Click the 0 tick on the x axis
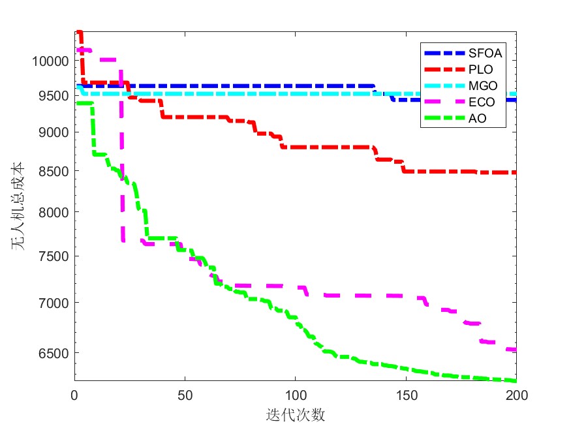[74, 395]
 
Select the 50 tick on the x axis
[185, 395]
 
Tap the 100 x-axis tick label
[295, 395]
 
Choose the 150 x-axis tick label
[406, 395]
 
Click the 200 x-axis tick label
[516, 395]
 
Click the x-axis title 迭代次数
[295, 415]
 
